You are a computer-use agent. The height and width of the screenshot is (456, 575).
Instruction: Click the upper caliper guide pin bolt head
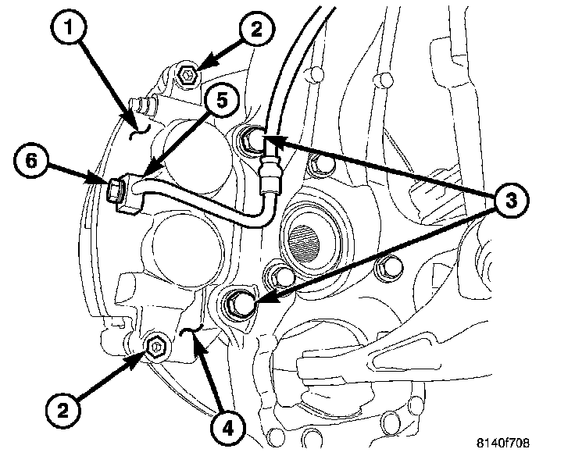187,77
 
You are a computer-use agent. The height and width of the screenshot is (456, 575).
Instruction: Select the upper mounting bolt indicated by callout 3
252,141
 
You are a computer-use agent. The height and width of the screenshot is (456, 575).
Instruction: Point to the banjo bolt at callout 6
116,190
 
